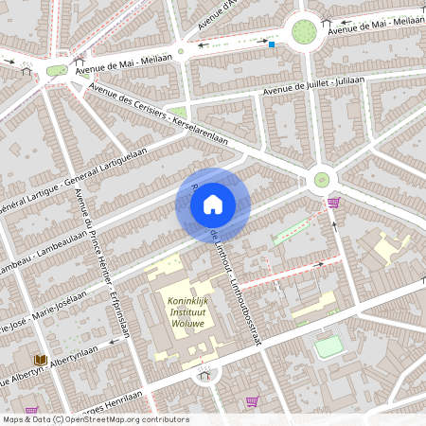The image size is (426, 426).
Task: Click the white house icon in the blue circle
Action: point(213,204)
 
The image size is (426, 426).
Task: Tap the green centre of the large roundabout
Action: point(304,31)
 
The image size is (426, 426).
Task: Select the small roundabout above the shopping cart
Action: point(322,178)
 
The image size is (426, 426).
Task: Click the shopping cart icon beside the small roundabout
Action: point(333,202)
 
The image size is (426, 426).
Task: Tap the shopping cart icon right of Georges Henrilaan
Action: point(252,400)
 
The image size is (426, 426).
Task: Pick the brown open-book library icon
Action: point(40,361)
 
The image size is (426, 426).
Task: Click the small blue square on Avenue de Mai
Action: point(272,44)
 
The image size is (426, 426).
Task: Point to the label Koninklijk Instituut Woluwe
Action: point(194,311)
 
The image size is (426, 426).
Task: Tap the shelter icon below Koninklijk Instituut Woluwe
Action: point(204,376)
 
